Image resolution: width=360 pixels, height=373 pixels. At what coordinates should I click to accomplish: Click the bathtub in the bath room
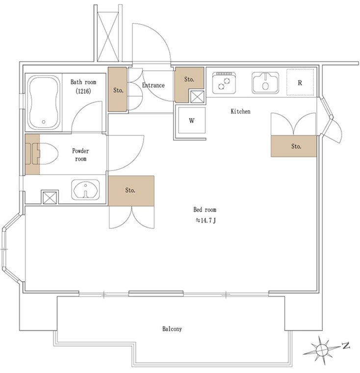tap(44, 103)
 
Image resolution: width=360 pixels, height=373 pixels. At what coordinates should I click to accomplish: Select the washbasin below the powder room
tap(85, 189)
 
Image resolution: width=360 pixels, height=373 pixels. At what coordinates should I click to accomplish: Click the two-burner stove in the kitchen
tap(224, 83)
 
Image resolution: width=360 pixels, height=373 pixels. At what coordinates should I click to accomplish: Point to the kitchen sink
tap(265, 82)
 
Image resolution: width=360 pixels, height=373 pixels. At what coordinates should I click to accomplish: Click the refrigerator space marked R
tap(300, 82)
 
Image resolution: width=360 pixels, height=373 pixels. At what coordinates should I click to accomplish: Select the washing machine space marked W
tap(192, 120)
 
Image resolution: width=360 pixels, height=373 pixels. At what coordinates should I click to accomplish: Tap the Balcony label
tap(172, 329)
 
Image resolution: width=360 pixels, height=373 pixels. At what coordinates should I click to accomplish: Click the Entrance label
tap(154, 85)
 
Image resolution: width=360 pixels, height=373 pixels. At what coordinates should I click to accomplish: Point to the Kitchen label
tap(240, 111)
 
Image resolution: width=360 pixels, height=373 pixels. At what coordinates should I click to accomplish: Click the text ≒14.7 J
tap(206, 220)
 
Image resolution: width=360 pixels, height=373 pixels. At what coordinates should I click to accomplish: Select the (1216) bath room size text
tap(83, 91)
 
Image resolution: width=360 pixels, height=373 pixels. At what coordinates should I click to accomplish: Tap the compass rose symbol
tap(321, 350)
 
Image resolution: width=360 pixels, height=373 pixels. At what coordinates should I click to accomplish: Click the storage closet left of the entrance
tap(117, 89)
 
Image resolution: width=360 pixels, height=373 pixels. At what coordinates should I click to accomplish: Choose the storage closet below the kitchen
tap(294, 146)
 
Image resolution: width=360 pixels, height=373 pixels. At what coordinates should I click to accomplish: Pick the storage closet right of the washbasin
tap(131, 191)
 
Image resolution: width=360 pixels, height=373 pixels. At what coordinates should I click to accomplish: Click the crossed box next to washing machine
tap(197, 97)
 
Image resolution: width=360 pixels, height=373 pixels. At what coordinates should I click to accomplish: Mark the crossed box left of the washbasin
tap(50, 197)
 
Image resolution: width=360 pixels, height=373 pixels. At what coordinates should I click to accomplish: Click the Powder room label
tap(80, 155)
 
